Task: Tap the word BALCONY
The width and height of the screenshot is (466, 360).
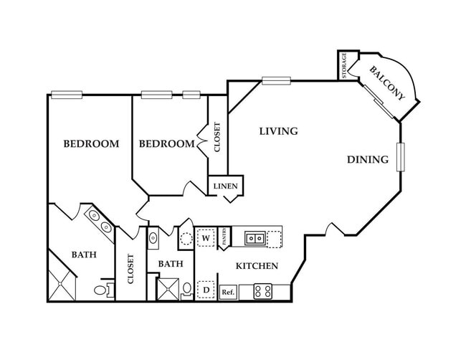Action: (388, 82)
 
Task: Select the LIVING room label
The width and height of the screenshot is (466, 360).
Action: (278, 131)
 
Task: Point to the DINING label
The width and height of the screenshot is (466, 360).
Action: (368, 159)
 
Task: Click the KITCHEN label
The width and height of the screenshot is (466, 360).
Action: (257, 266)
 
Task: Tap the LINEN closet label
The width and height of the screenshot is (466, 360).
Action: (225, 186)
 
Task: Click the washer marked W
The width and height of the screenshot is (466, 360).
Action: (206, 237)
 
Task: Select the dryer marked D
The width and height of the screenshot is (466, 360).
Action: (206, 290)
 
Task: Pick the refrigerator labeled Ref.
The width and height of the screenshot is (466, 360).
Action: (228, 292)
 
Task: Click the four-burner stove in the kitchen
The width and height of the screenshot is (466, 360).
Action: (263, 292)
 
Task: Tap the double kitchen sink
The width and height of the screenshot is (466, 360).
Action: (255, 237)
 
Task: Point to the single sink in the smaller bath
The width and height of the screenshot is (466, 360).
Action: (153, 238)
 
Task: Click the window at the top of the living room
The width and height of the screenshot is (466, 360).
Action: (275, 80)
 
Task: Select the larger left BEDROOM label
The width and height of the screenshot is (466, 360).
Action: (91, 143)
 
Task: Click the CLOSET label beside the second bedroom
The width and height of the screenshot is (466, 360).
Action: (217, 136)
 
